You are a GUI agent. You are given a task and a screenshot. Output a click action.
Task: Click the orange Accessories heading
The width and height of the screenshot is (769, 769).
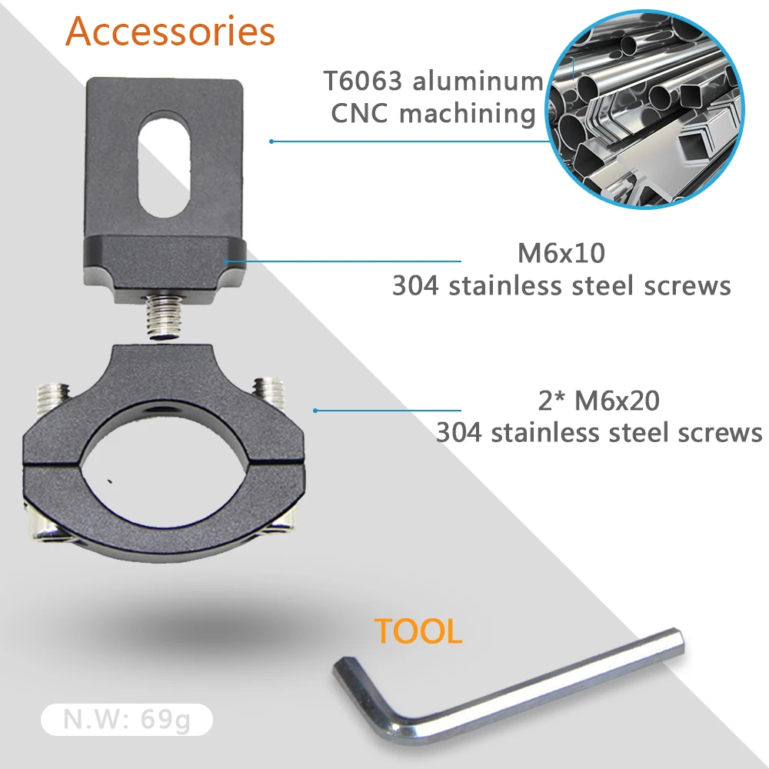(170, 32)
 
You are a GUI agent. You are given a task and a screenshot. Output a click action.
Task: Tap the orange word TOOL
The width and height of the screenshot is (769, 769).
(418, 631)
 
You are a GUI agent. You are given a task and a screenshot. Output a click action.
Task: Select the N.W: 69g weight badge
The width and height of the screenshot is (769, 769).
(127, 720)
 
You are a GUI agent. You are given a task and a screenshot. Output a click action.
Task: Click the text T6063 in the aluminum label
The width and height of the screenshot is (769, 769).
(363, 81)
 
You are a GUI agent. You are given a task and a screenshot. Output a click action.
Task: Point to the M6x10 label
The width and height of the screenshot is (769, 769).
(561, 253)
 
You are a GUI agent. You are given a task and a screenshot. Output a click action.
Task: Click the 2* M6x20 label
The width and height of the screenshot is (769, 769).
(599, 401)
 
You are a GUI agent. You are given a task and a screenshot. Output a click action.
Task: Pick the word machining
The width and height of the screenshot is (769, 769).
(468, 115)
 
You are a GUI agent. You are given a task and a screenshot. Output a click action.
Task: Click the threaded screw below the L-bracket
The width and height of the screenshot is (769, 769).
(164, 315)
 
